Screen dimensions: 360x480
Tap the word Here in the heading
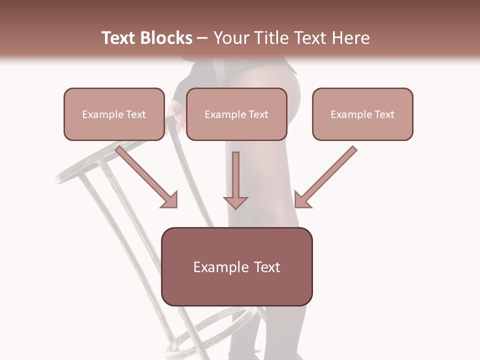tap(349, 38)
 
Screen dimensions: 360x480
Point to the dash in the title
tap(202, 38)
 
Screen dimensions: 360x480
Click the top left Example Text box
tap(114, 114)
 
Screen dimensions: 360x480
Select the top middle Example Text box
tap(236, 114)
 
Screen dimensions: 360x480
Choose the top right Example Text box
tap(362, 114)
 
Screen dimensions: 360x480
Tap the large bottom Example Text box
tap(236, 266)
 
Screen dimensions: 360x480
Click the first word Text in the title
tap(118, 38)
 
